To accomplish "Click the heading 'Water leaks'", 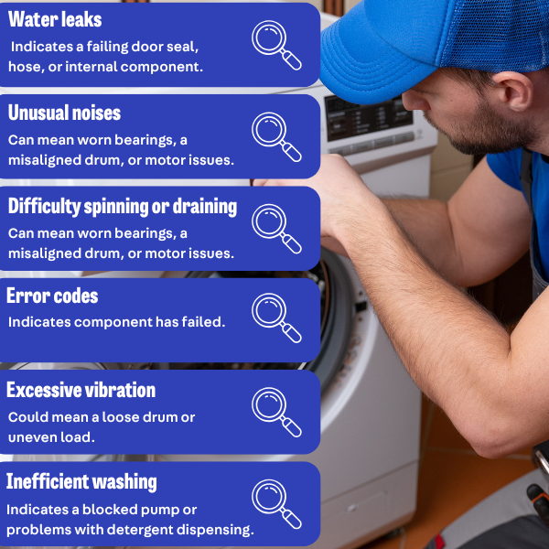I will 55,19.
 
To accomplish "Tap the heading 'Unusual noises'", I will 64,113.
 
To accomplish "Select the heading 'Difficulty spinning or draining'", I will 122,206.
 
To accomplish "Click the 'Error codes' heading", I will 52,296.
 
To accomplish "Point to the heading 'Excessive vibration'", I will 81,390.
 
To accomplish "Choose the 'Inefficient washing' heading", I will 81,481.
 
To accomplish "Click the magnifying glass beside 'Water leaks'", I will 276,44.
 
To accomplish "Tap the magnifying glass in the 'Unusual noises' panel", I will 276,135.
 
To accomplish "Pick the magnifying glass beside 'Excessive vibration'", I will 276,412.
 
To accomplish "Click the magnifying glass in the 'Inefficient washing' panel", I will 276,503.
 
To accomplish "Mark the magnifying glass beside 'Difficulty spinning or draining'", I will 276,228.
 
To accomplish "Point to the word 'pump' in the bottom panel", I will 178,509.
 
